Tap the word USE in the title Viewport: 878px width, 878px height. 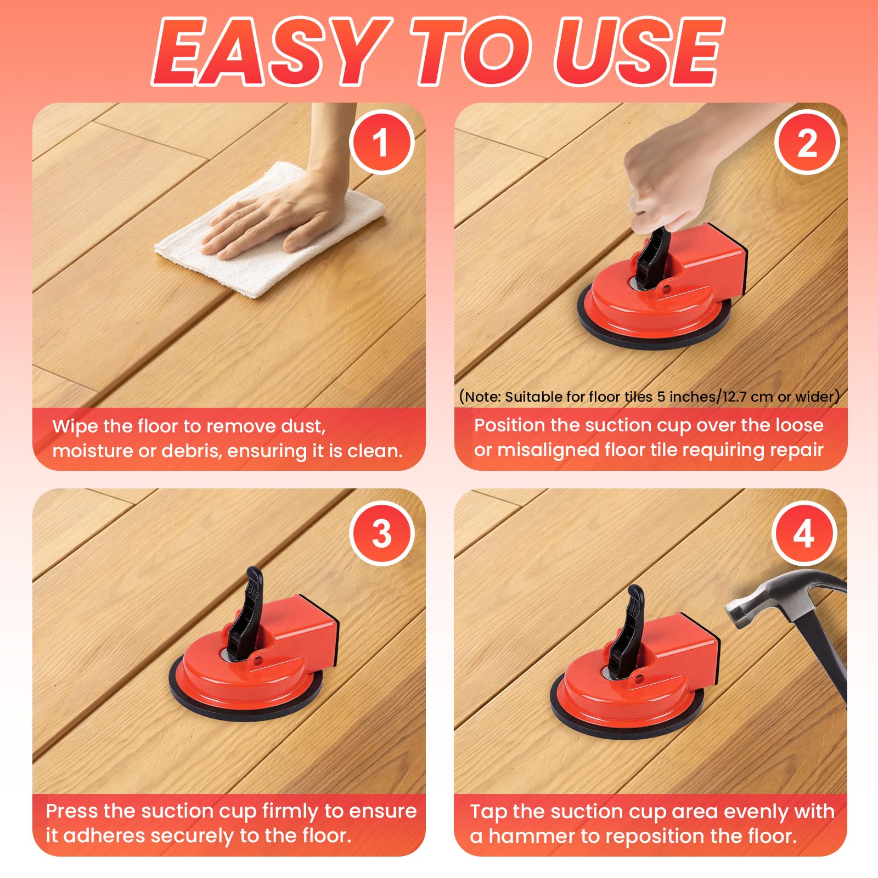tap(639, 52)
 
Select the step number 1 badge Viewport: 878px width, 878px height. tap(381, 143)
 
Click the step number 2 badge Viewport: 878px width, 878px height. tap(807, 143)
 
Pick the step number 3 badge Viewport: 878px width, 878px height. tap(381, 533)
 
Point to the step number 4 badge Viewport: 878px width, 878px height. tap(804, 533)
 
